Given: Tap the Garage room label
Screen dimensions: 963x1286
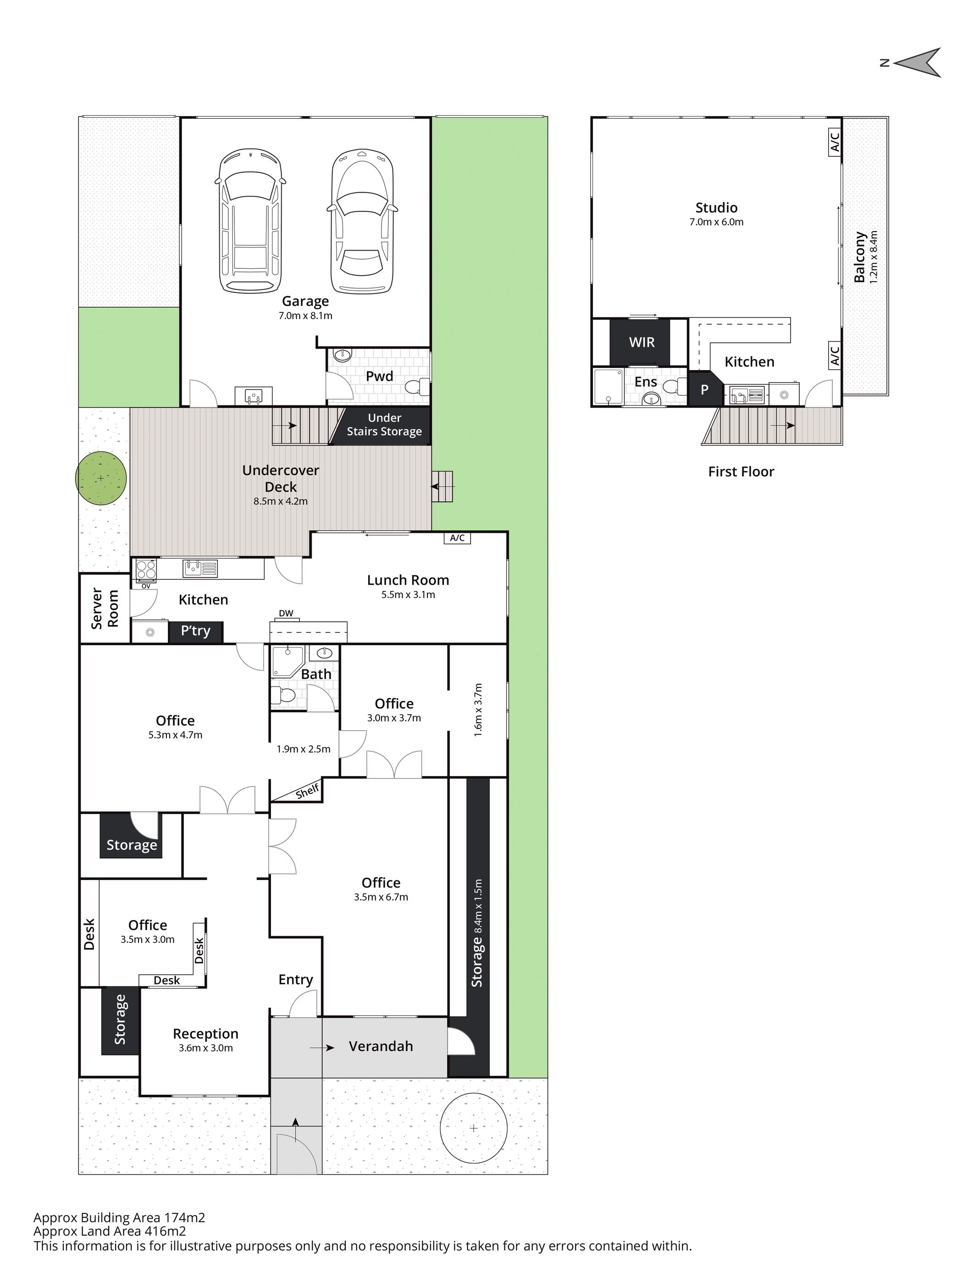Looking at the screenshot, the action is pos(305,301).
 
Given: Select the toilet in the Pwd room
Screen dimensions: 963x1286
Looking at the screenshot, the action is pos(417,386).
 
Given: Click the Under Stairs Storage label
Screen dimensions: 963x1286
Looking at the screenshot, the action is pos(384,424).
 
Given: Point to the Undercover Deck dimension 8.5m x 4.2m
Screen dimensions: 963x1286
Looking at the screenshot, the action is pos(280,501).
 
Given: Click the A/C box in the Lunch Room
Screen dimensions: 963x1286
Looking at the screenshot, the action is pos(457,538).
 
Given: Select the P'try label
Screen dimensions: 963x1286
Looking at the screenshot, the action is pos(195,631).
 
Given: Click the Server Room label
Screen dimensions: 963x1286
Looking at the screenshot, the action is pos(105,609).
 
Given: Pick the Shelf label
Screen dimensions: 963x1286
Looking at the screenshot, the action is pos(307,791).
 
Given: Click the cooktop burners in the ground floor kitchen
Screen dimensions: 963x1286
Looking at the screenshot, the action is pos(146,569).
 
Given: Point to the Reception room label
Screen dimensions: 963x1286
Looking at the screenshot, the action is pos(206,1034).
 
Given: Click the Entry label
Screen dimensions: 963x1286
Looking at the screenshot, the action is pos(295,980).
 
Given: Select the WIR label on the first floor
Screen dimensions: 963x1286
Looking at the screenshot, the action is pos(642,342).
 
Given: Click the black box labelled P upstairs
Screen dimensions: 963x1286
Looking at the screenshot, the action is pos(705,389).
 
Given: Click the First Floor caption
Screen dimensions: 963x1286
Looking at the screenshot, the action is pos(741,471).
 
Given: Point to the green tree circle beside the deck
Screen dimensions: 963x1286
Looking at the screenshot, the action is pos(101,478).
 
